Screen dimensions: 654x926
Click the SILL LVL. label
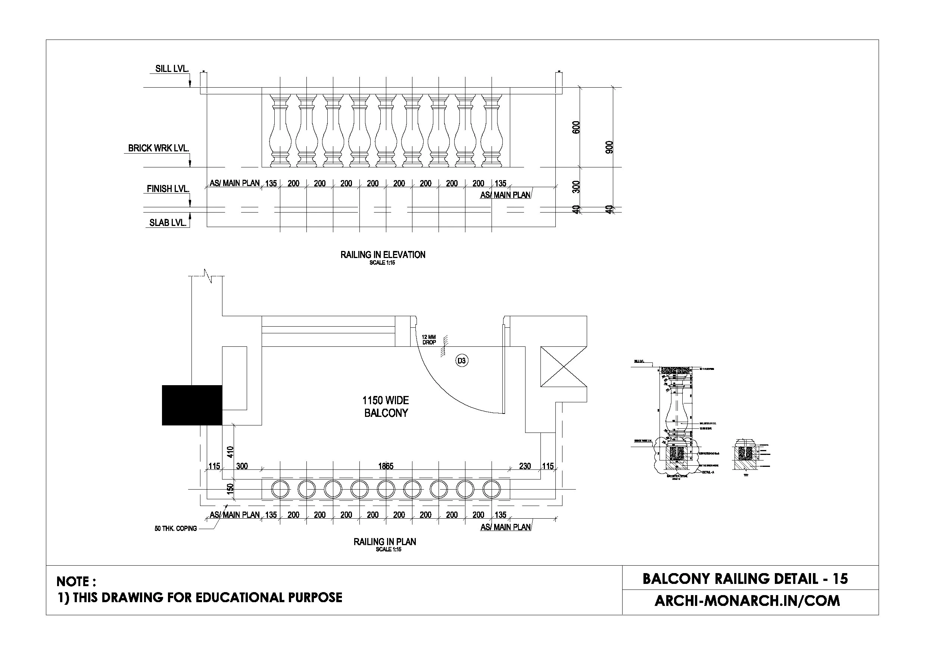(172, 69)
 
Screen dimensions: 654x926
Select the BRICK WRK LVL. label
(158, 148)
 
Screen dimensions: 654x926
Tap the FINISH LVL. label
(168, 189)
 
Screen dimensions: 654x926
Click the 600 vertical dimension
(576, 128)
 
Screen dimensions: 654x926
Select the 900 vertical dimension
(609, 147)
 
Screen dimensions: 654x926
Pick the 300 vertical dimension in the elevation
(576, 187)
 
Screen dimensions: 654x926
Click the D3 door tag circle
(461, 361)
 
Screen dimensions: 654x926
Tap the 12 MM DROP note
(429, 340)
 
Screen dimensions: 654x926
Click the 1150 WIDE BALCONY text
(386, 406)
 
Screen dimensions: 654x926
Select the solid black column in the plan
(192, 405)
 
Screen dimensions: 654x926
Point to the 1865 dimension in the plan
(386, 466)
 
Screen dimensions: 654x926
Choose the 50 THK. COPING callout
(175, 529)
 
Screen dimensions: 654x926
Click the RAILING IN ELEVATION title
(383, 255)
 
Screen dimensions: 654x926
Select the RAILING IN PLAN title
(385, 542)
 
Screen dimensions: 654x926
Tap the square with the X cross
(564, 367)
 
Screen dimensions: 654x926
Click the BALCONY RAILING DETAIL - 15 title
(745, 579)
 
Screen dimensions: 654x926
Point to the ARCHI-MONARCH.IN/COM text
(747, 601)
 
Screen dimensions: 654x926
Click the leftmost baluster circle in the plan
(280, 490)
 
